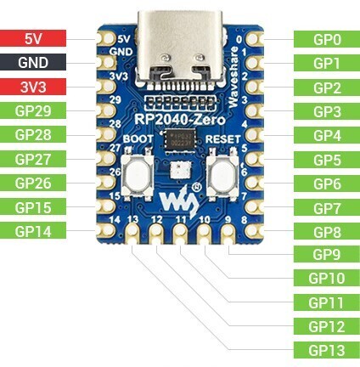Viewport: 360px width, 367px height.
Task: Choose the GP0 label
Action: coord(326,38)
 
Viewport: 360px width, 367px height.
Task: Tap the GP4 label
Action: coord(326,135)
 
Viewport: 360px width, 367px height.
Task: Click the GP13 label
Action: coord(326,349)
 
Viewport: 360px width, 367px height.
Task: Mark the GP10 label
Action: coord(326,278)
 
